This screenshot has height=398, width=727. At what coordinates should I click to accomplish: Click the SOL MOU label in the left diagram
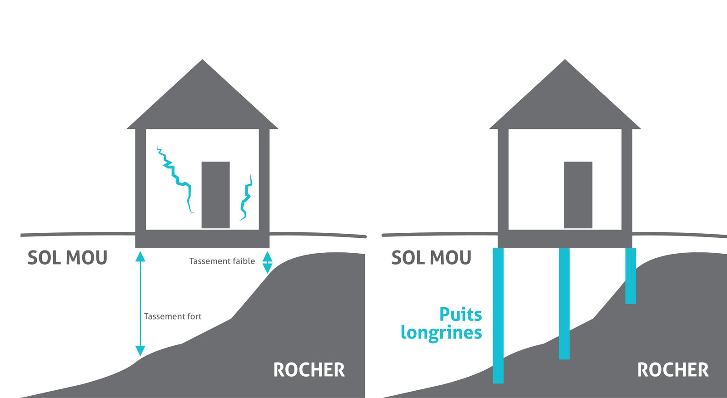pos(67,258)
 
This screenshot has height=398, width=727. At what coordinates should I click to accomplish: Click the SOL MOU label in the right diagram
pos(431,258)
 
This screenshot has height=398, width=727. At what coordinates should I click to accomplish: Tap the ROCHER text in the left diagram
pos(309,370)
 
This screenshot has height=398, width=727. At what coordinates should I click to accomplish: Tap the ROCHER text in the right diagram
pos(673,370)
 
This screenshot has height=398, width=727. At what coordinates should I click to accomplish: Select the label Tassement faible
pos(222,261)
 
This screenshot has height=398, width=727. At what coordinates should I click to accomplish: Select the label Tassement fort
pos(172,316)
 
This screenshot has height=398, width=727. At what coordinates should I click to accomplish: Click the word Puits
pos(460,314)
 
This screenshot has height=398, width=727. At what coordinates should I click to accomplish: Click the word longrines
pos(441,333)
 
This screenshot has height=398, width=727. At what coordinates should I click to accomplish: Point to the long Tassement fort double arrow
pos(140,304)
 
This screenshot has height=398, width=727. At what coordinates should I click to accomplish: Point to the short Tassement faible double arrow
pos(268,262)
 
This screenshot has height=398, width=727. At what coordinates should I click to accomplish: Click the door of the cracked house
pos(215,195)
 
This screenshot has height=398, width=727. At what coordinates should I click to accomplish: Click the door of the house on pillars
pos(578,195)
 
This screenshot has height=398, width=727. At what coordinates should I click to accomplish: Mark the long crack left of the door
pos(175,177)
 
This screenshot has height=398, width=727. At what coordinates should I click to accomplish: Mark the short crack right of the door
pos(246,198)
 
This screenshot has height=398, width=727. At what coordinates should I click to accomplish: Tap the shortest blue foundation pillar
pos(631,275)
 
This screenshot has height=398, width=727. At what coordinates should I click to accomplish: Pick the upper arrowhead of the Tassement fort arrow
pos(140,257)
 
